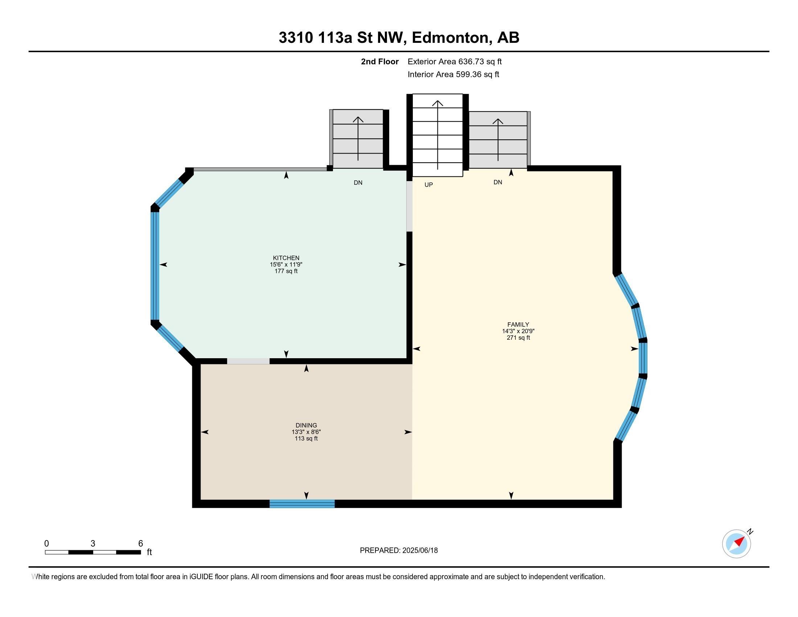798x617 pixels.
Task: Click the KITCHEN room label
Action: [x=286, y=258]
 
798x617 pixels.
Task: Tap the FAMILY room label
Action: [x=518, y=324]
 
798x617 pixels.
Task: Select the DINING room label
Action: [x=306, y=425]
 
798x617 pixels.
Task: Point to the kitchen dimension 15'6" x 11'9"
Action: [x=286, y=264]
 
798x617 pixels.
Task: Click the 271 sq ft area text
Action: [x=518, y=338]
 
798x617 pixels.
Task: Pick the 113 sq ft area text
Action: [x=306, y=439]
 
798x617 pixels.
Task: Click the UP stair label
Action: [x=429, y=185]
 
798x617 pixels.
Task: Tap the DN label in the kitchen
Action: [x=358, y=183]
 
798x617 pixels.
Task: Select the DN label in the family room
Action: [x=498, y=182]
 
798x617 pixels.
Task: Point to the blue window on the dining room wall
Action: [x=302, y=503]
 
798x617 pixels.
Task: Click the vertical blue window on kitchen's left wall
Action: [x=155, y=266]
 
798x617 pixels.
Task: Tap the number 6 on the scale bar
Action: [x=141, y=544]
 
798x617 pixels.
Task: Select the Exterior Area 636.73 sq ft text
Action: [x=454, y=61]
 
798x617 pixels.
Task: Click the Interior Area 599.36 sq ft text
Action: [x=453, y=74]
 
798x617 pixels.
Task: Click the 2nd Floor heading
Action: [x=380, y=61]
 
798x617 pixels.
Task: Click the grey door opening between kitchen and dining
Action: [x=248, y=361]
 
